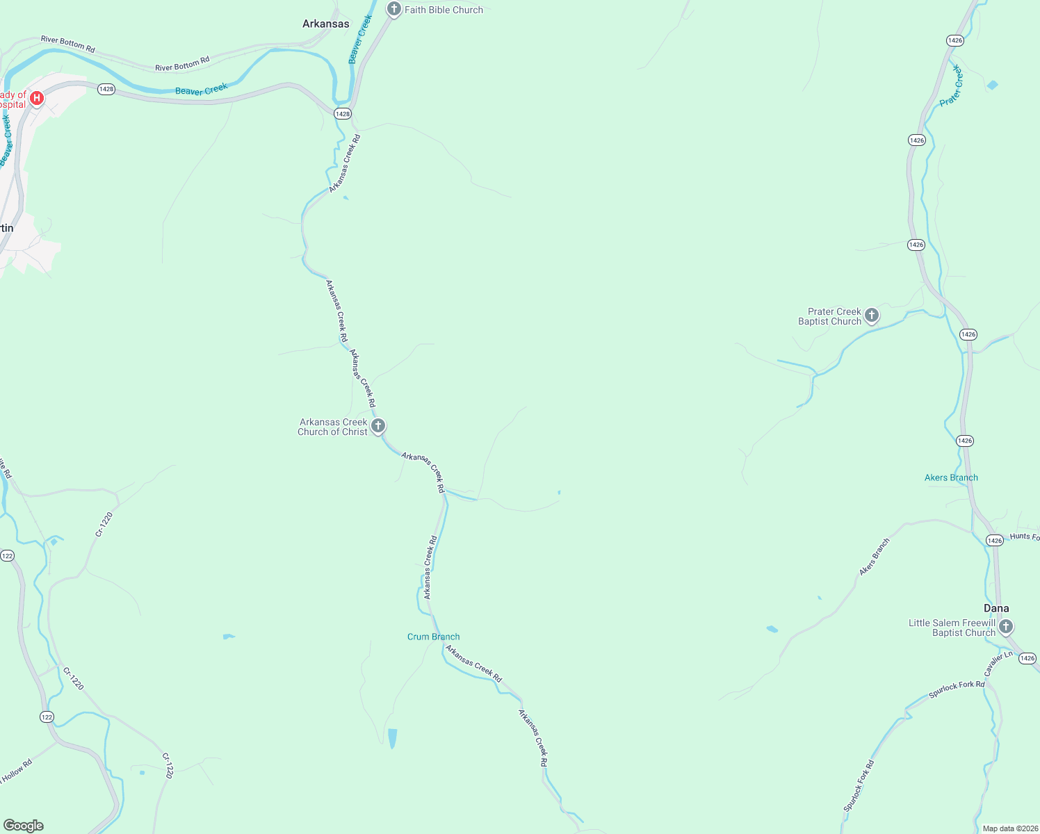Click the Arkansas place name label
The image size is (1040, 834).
[325, 24]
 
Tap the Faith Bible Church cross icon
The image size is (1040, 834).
[394, 9]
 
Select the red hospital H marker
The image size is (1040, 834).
[37, 98]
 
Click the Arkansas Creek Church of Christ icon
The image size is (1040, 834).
[378, 425]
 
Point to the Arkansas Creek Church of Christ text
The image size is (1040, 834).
[333, 427]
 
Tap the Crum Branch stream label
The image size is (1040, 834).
[433, 637]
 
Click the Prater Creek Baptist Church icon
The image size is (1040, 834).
[871, 316]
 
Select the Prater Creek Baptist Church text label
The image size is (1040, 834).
[830, 316]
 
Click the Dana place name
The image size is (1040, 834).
[996, 608]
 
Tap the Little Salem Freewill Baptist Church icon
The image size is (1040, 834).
[1006, 627]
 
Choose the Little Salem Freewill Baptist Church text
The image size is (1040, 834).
[952, 628]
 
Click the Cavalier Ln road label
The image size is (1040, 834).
[998, 663]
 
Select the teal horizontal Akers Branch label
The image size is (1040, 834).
[951, 477]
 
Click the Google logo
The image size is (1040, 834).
[24, 826]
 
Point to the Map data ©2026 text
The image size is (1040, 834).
[1009, 828]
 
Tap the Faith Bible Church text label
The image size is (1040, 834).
[444, 10]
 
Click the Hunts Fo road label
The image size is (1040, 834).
[1025, 537]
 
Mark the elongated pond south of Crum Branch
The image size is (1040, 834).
[392, 738]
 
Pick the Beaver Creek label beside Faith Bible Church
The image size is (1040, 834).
[361, 39]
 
